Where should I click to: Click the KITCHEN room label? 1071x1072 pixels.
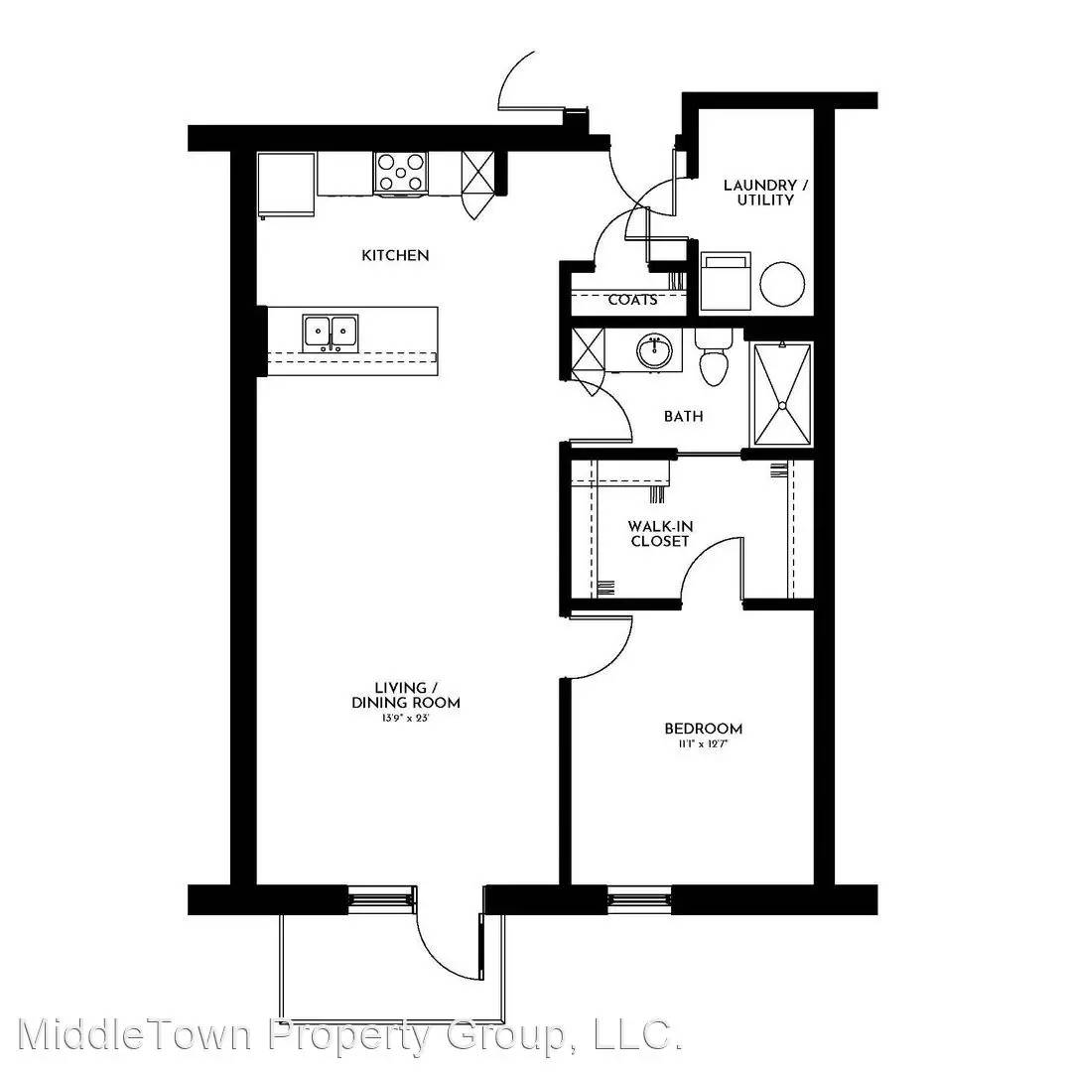395,256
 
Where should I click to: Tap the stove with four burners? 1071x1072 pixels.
401,173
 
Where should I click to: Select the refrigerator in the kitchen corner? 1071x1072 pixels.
287,185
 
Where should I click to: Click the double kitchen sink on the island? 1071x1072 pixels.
331,333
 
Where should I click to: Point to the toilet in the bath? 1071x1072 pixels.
714,357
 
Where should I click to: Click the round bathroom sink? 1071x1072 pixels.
655,351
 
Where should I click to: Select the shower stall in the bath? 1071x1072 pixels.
782,395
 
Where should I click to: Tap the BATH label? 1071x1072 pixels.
684,416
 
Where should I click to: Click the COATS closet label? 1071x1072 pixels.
633,300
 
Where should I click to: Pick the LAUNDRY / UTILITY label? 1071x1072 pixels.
765,193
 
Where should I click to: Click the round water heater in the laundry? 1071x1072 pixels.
782,284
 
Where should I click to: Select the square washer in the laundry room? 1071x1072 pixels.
726,282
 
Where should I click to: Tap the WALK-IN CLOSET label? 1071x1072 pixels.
660,534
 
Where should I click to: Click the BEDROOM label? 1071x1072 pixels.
704,729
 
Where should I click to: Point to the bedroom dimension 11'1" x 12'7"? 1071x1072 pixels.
704,744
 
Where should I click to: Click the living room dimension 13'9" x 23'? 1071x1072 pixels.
406,719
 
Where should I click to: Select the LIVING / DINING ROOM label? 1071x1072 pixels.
406,695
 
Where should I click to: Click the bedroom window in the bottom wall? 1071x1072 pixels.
640,899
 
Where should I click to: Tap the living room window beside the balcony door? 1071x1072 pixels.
381,899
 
